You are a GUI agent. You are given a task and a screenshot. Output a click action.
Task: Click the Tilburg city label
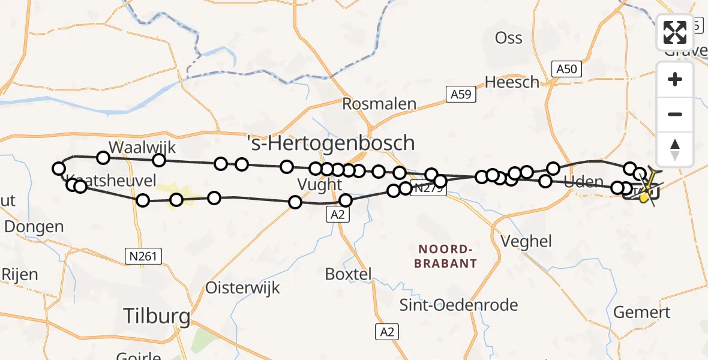[x=157, y=316]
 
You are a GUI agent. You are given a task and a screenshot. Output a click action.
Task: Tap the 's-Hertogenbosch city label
[x=331, y=143]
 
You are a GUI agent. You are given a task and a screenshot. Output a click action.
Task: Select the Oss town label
[x=508, y=38]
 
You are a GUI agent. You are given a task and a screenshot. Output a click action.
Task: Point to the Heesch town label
[x=512, y=82]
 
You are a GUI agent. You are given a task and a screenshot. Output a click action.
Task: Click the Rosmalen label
[x=379, y=103]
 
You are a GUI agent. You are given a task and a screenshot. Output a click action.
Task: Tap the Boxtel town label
[x=348, y=274]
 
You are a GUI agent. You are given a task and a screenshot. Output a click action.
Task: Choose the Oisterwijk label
[x=242, y=287]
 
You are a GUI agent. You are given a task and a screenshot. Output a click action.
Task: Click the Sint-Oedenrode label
[x=459, y=305]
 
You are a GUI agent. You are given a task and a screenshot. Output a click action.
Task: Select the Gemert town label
[x=642, y=312]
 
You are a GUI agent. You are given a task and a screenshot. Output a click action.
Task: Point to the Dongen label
[x=34, y=227]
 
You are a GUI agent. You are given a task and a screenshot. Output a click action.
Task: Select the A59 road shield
[x=458, y=94]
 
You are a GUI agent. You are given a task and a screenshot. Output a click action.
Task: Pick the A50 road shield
[x=566, y=69]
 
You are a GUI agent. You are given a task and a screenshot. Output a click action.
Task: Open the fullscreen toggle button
[x=675, y=32]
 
